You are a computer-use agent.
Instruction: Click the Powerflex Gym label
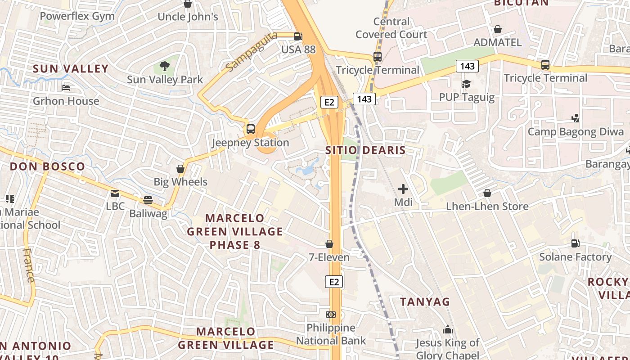click(x=77, y=16)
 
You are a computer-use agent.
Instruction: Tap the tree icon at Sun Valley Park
click(x=165, y=67)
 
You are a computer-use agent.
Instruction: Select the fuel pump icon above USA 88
click(x=298, y=36)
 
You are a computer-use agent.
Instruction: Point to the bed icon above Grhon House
click(x=66, y=87)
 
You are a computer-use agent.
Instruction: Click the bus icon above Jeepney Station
click(x=251, y=129)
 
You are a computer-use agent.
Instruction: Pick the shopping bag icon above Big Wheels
click(x=180, y=169)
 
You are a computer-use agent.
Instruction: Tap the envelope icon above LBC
click(x=115, y=193)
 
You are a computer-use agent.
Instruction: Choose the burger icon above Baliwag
click(x=148, y=200)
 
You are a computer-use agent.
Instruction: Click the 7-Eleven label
click(x=329, y=257)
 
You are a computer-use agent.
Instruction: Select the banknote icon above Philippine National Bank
click(x=331, y=314)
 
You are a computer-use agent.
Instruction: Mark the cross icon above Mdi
click(x=403, y=189)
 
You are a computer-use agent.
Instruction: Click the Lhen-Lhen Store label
click(x=487, y=207)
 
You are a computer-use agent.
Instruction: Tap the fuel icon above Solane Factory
click(x=575, y=243)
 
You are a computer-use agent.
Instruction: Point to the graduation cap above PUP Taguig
click(x=466, y=84)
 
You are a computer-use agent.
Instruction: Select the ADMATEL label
click(x=498, y=42)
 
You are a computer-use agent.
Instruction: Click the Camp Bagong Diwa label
click(x=576, y=132)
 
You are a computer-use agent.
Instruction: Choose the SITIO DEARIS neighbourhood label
click(x=365, y=150)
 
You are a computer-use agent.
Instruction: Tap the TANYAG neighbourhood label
click(x=425, y=301)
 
